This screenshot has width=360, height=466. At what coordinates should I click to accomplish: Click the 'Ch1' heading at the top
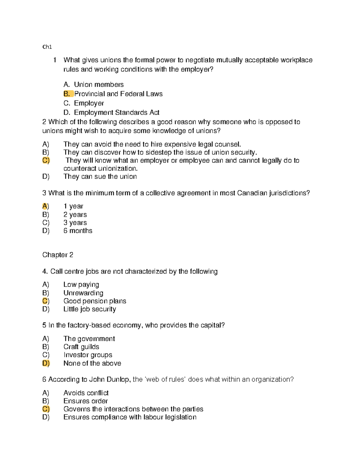47,47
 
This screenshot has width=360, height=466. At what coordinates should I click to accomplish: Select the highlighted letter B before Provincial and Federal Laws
67,94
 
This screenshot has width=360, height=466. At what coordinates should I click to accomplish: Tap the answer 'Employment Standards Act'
116,113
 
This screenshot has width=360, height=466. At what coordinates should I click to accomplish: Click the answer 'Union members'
99,85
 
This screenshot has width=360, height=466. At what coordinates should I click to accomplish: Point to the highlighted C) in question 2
46,160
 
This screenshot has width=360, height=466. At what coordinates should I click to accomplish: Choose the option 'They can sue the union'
100,176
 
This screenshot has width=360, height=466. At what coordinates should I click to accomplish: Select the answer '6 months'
78,231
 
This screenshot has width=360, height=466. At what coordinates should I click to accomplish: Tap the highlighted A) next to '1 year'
45,206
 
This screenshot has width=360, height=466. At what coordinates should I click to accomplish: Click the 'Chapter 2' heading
58,255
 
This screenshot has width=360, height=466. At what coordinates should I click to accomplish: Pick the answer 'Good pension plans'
94,301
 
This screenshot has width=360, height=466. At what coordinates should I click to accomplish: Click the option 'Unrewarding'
83,293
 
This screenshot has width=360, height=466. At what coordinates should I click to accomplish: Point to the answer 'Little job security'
89,309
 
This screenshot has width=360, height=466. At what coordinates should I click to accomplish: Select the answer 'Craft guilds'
81,347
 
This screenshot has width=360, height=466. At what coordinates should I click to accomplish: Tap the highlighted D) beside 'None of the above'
46,363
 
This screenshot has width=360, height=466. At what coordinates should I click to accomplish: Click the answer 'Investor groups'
88,355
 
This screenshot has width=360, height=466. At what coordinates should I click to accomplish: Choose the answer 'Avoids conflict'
86,393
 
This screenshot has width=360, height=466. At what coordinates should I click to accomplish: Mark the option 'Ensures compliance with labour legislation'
130,417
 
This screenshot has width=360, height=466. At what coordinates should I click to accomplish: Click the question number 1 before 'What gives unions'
55,60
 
